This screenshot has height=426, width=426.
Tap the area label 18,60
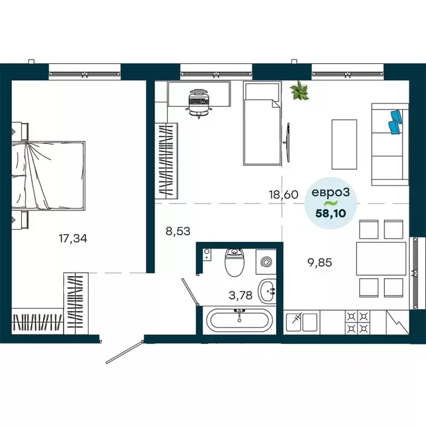pyautogui.click(x=283, y=194)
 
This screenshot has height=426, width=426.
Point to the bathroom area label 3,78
pyautogui.click(x=241, y=295)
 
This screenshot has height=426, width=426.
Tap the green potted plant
pyautogui.click(x=300, y=90)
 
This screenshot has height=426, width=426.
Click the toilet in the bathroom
pyautogui.click(x=234, y=263)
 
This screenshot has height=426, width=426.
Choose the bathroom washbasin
pyautogui.click(x=268, y=290)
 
